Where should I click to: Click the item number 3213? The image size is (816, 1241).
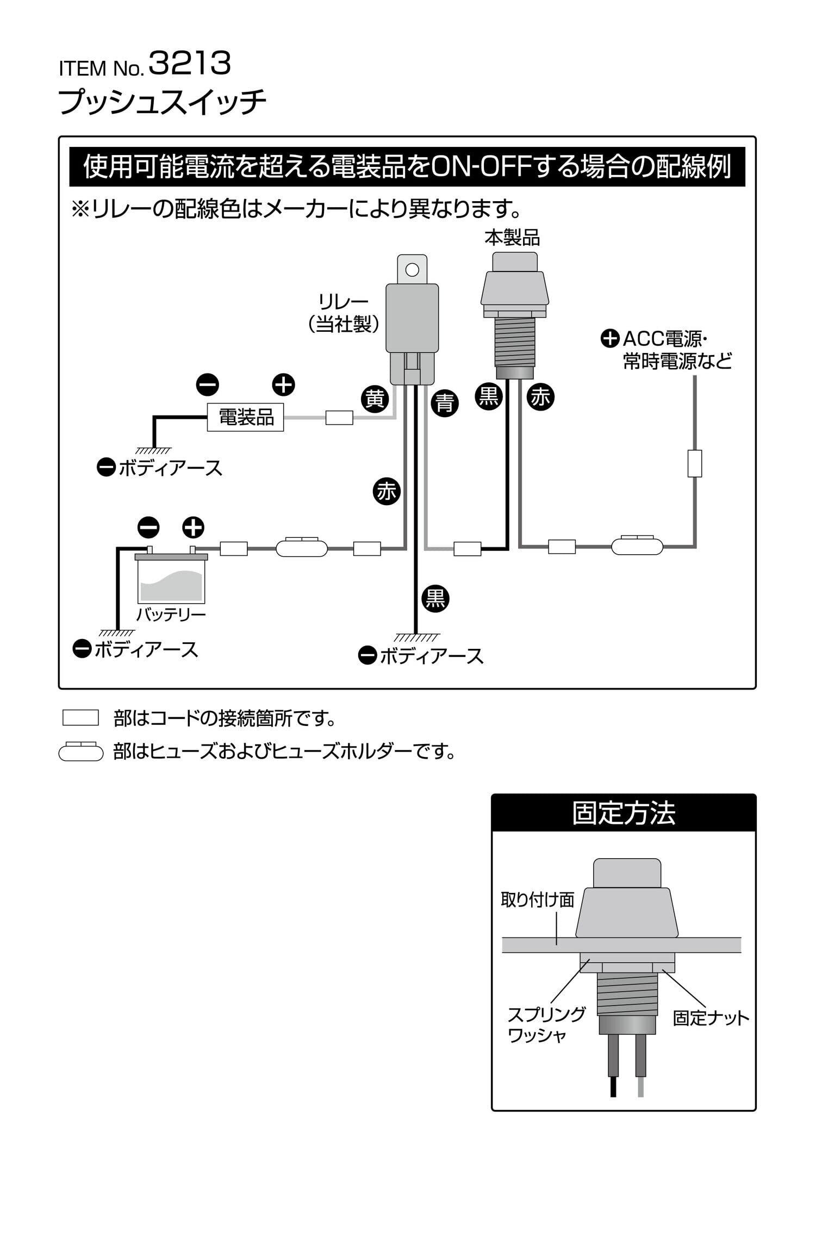(190, 63)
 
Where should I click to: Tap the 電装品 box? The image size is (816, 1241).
(245, 418)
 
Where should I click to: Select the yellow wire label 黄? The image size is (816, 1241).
(375, 400)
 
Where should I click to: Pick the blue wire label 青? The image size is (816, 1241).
(445, 404)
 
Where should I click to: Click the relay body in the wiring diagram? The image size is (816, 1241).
(412, 319)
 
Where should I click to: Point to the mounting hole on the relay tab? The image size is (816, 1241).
(412, 269)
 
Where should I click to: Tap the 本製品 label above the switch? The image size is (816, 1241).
(513, 238)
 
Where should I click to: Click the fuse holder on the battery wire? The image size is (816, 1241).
(302, 548)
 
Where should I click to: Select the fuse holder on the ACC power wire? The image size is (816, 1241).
(637, 545)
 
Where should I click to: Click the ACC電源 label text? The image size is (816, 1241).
(664, 339)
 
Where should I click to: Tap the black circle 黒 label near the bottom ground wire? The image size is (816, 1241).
(435, 598)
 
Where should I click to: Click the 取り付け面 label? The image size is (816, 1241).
(537, 900)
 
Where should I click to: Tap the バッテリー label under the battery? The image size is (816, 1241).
(171, 615)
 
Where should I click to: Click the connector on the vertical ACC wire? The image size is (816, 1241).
(694, 463)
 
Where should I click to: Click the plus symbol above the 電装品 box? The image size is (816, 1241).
(283, 385)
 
